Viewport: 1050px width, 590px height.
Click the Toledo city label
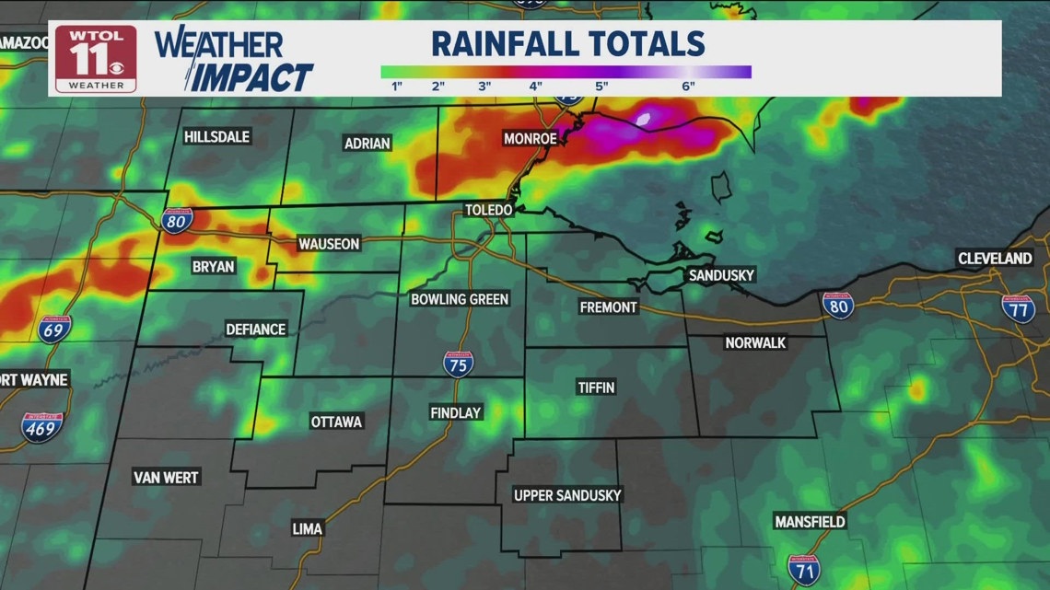(488, 210)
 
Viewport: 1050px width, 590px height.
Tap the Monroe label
(530, 139)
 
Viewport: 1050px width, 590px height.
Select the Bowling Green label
(460, 299)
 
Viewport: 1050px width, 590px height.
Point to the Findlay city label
(456, 413)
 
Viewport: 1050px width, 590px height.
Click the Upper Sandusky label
(567, 495)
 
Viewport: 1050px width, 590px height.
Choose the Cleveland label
(995, 259)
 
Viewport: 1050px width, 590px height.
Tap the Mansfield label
(810, 522)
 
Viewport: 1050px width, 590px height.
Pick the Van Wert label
(167, 478)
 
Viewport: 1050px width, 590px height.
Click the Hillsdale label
(216, 136)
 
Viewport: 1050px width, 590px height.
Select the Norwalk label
(755, 342)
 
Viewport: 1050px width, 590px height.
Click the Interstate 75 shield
(458, 364)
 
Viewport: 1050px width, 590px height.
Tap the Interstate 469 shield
(42, 427)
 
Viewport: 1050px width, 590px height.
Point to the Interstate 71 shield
(804, 570)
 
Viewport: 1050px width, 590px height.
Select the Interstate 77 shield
(1018, 308)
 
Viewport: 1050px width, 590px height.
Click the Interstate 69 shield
(55, 330)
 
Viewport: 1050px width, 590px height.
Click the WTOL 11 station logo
(96, 57)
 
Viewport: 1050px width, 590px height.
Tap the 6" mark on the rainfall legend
(688, 87)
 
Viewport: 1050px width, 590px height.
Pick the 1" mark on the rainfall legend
(399, 87)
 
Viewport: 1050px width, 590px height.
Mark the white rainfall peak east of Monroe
(643, 119)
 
